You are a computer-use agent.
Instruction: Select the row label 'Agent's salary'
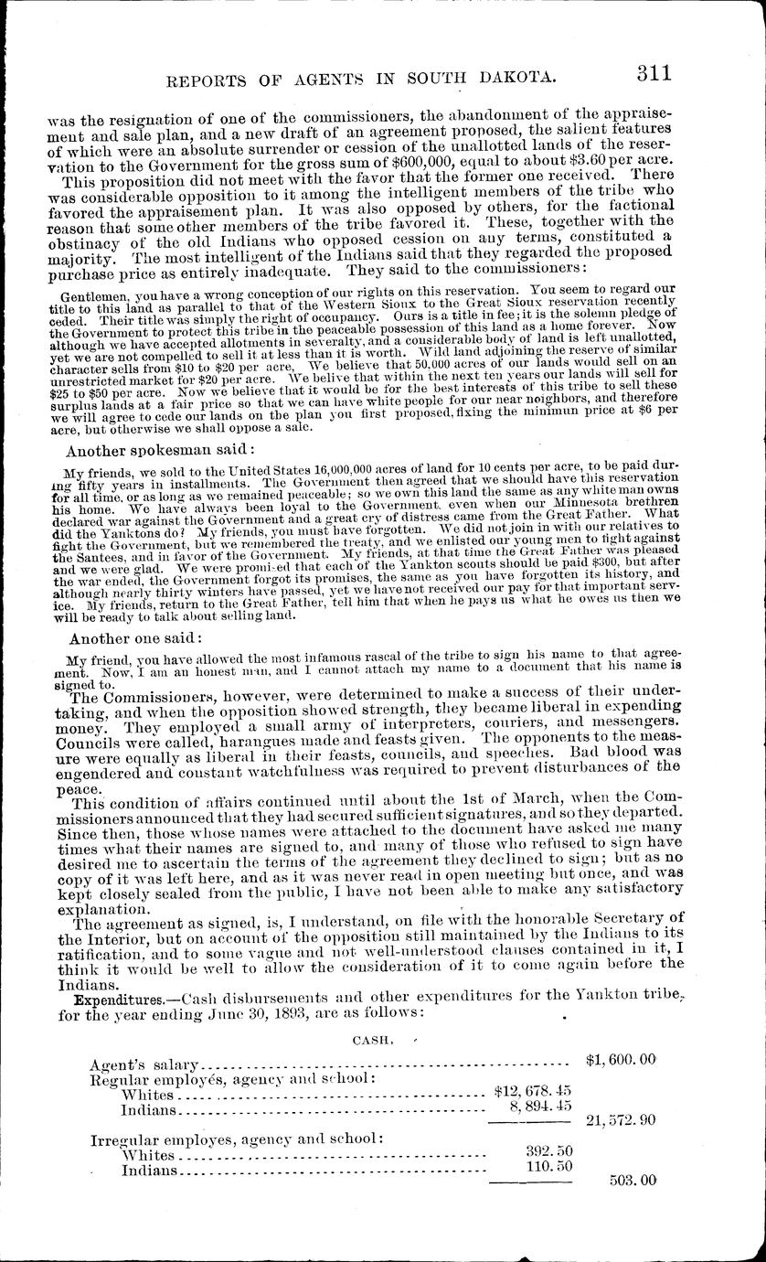tap(144, 1065)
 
